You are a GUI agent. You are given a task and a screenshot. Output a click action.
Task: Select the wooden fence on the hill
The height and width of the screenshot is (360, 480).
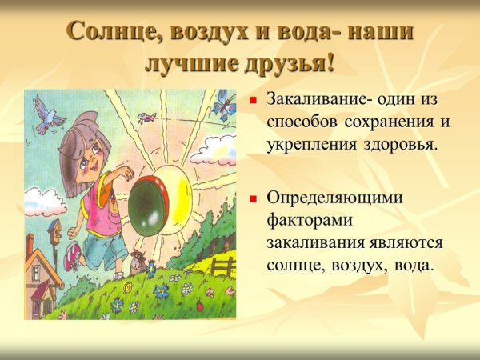click(225, 265)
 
